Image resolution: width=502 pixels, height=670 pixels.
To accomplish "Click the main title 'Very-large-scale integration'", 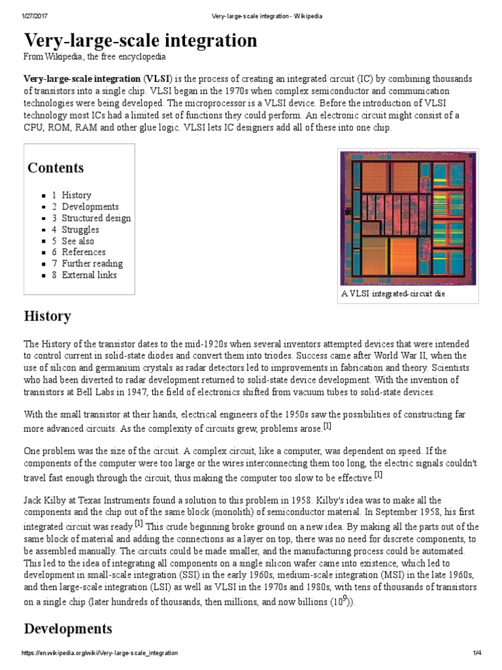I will (x=141, y=41).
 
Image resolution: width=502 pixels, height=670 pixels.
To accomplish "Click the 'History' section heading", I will (x=47, y=316).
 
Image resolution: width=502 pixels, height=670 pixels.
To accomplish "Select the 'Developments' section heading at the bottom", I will (x=68, y=629).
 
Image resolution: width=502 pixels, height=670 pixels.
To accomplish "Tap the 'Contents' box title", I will (x=56, y=167).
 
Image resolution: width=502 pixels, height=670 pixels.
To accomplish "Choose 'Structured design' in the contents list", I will (x=96, y=218).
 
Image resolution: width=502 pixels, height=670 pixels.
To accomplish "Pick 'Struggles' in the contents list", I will (x=80, y=230).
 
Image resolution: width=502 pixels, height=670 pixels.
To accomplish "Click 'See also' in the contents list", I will (x=78, y=241).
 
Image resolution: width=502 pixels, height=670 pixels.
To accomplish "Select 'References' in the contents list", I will (x=84, y=252).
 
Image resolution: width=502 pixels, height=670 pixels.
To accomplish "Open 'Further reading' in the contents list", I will (x=92, y=264).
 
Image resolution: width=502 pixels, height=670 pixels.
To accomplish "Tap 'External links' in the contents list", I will (x=90, y=275).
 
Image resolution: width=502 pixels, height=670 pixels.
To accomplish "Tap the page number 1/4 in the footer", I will (x=477, y=653).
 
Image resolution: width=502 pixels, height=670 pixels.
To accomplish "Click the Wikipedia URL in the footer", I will (x=100, y=653).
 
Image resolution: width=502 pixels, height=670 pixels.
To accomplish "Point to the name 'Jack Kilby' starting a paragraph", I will (x=46, y=500).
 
